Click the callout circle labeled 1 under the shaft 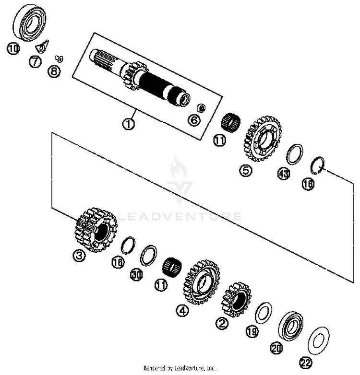pyautogui.click(x=129, y=124)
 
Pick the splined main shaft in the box pyautogui.click(x=144, y=79)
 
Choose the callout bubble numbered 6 pyautogui.click(x=194, y=119)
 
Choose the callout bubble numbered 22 pyautogui.click(x=305, y=363)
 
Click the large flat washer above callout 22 pyautogui.click(x=317, y=340)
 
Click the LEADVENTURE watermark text pyautogui.click(x=180, y=216)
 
